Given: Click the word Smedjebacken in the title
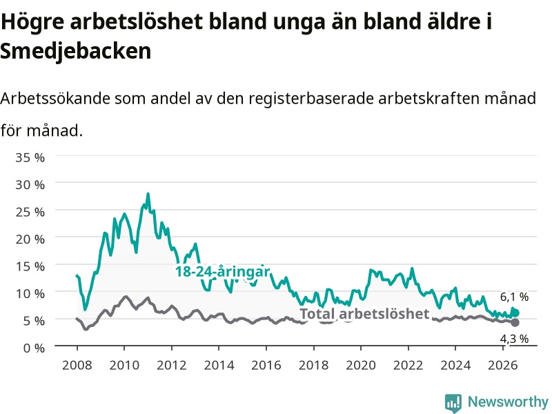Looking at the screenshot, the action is pyautogui.click(x=76, y=51).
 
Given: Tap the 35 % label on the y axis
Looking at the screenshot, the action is pyautogui.click(x=30, y=157).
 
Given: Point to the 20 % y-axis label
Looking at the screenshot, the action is pyautogui.click(x=30, y=239).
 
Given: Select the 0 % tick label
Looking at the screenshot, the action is pyautogui.click(x=34, y=348).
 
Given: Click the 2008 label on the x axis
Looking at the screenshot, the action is pyautogui.click(x=77, y=365).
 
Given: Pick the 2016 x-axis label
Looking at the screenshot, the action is pyautogui.click(x=266, y=365).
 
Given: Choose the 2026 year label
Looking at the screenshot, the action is pyautogui.click(x=503, y=365).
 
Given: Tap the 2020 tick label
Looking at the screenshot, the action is pyautogui.click(x=361, y=365).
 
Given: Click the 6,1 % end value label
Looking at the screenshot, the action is pyautogui.click(x=514, y=297).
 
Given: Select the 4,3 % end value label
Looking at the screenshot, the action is pyautogui.click(x=514, y=339).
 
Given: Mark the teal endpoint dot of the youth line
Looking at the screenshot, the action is pyautogui.click(x=515, y=313).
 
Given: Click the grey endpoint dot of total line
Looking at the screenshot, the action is pyautogui.click(x=515, y=322).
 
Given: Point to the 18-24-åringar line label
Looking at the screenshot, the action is pyautogui.click(x=223, y=271).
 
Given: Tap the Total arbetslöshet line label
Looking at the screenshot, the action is pyautogui.click(x=365, y=314).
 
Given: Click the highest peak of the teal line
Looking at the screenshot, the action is pyautogui.click(x=148, y=194).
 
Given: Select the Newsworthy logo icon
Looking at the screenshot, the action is pyautogui.click(x=453, y=403).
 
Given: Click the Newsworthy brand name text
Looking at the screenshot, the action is pyautogui.click(x=508, y=402).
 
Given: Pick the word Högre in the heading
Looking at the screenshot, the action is pyautogui.click(x=32, y=22).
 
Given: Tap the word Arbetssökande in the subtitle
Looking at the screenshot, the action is pyautogui.click(x=55, y=98).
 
